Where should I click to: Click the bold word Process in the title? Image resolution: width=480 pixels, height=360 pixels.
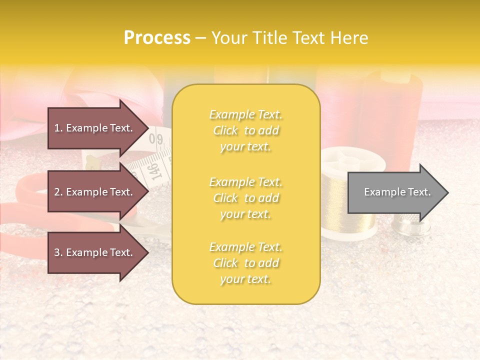157,38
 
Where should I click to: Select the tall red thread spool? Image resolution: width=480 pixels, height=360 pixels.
390,115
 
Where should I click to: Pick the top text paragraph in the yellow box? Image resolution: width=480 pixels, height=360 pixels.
245,130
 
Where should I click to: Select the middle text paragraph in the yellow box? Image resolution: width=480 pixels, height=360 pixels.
245,198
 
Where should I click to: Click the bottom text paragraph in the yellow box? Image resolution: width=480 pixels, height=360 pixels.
245,263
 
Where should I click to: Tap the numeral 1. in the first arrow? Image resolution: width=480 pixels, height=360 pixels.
58,128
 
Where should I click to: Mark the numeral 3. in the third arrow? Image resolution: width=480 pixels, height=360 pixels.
58,252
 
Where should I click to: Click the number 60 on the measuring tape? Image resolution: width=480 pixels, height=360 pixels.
159,138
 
